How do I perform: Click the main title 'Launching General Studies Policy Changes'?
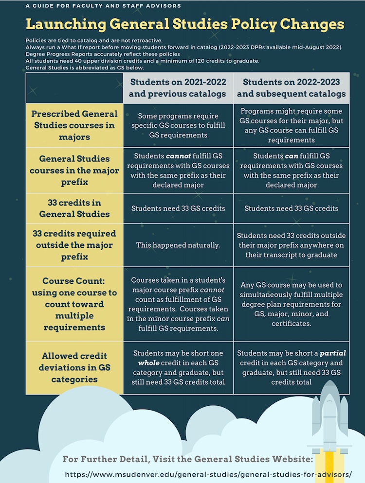185,24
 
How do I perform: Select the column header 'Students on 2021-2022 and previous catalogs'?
178,87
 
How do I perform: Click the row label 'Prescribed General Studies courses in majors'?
74,125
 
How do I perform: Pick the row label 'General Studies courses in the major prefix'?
74,171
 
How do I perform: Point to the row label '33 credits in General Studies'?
74,208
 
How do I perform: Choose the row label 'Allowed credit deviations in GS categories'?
74,368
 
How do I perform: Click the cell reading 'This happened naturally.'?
178,245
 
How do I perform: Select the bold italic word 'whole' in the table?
146,363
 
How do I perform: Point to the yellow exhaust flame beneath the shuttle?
330,464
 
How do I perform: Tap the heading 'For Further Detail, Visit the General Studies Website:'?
187,459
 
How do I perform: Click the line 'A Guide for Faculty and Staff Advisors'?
103,6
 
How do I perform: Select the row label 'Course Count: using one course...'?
74,304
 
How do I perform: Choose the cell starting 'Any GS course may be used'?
291,304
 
